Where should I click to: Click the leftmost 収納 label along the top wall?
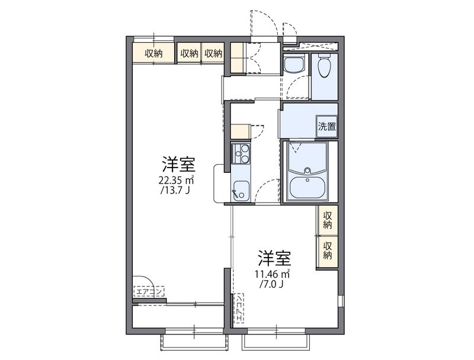coord(153,53)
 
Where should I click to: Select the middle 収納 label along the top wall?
coord(189,53)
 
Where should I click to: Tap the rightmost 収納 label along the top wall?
coord(213,53)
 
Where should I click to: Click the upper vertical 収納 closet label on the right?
coord(328,220)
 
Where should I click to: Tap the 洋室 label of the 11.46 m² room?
coord(273,258)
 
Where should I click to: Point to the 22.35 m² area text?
coord(177,180)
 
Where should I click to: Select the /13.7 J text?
coord(177,191)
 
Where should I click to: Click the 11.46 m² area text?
coord(272,274)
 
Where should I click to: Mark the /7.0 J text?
coord(272,285)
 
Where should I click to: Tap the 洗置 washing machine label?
coord(326,126)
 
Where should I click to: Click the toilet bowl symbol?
coord(324,67)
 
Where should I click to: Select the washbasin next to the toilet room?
coord(293,65)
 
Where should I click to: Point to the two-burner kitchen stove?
coord(241,153)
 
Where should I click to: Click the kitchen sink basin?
coord(241,189)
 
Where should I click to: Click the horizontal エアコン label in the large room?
coord(149,291)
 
